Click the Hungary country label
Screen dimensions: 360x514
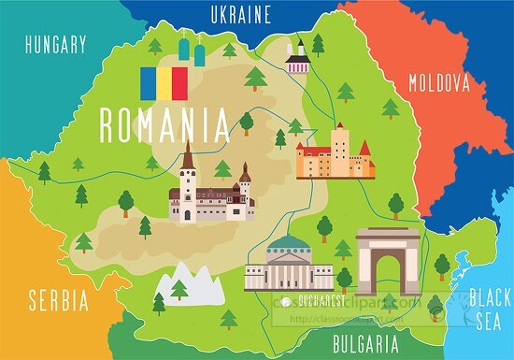[56, 44]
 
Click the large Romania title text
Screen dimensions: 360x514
[163, 123]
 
